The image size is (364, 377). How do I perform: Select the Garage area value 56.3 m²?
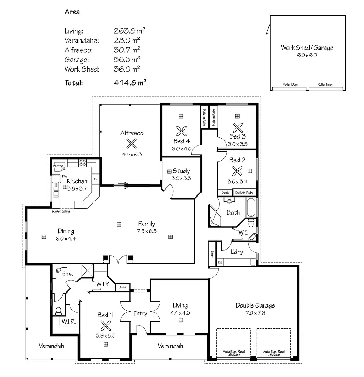(x=127, y=60)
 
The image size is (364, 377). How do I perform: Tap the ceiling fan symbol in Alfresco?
(x=132, y=143)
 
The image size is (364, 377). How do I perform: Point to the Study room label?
(x=181, y=171)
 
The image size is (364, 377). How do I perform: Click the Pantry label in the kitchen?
(x=58, y=166)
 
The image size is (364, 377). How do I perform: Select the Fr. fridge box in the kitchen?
(x=96, y=179)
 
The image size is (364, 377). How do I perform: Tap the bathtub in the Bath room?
(x=251, y=207)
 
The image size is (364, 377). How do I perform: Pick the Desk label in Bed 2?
(x=225, y=193)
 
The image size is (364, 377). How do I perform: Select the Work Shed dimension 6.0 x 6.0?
(x=307, y=55)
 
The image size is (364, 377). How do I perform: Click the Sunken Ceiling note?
(x=60, y=212)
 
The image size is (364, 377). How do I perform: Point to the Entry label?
(x=140, y=313)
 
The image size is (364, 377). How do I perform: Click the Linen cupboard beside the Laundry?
(x=212, y=254)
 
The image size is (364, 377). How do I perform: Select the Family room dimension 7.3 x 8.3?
(x=146, y=231)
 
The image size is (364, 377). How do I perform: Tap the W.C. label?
(x=243, y=232)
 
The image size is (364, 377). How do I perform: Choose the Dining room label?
(x=66, y=231)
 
